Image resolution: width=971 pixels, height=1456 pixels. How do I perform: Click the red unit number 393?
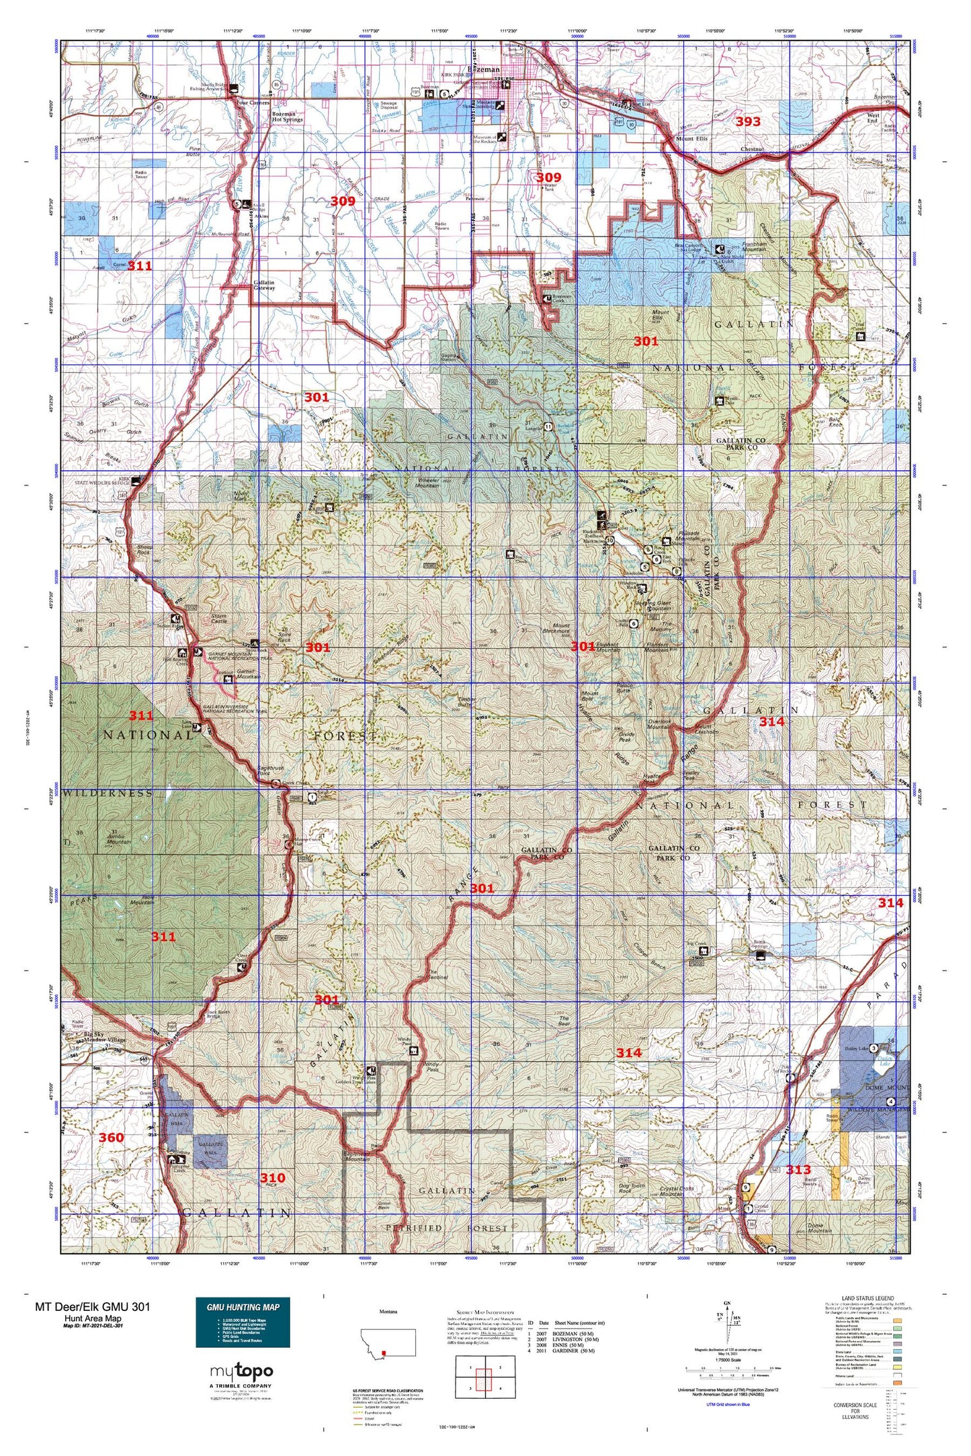click(x=747, y=122)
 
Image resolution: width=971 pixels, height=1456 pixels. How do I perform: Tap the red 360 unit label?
click(x=112, y=1137)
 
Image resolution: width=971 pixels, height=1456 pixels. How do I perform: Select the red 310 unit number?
click(x=273, y=1177)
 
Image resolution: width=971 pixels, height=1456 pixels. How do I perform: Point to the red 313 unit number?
click(x=798, y=1169)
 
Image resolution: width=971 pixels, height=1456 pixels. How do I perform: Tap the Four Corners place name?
click(x=253, y=103)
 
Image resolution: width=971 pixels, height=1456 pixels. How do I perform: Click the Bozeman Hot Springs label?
click(x=287, y=117)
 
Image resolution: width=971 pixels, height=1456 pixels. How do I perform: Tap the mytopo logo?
click(x=241, y=1371)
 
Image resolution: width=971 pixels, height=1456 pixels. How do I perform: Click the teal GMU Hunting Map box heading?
click(x=243, y=1306)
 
